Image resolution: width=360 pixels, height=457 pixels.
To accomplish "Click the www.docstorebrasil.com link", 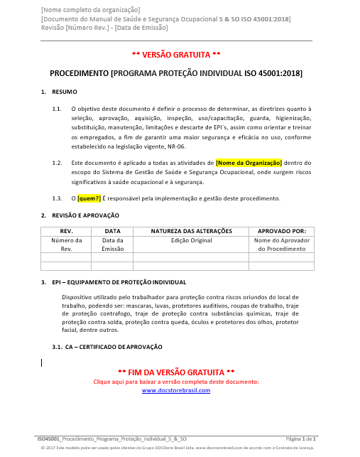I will (176, 390).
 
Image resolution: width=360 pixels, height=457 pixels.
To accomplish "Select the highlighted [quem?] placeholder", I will (89, 198).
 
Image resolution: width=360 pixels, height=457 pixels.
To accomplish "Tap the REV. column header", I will (66, 231).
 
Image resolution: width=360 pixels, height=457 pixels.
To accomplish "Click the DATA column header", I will (112, 231).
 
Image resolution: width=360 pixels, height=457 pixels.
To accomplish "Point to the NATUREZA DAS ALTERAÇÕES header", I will (191, 231).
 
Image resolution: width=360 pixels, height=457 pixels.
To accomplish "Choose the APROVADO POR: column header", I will (281, 231).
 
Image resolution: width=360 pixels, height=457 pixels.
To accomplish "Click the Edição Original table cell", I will (191, 240).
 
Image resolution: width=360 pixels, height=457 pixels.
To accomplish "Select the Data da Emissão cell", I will (112, 244).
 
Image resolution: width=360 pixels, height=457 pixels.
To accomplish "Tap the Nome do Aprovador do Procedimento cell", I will (281, 244).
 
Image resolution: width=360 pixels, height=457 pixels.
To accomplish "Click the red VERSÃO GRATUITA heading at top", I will (176, 54).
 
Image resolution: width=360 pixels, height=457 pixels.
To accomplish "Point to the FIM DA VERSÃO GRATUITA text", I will (176, 372).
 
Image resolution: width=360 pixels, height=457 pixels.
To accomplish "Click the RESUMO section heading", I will (65, 92).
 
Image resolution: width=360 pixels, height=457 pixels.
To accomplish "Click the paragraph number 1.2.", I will (57, 163).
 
